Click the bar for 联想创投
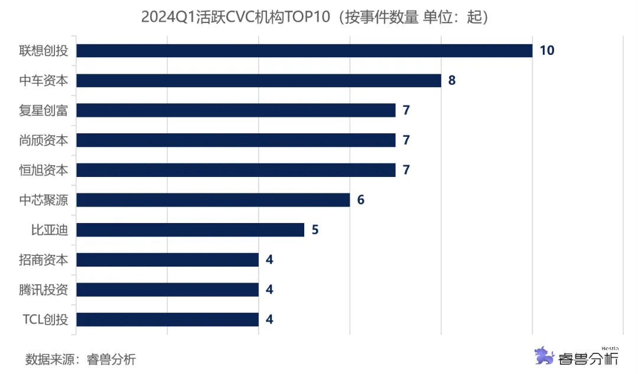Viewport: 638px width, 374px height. [x=304, y=51]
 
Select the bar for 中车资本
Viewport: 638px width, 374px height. [x=259, y=81]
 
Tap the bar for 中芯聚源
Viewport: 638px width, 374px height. [x=213, y=200]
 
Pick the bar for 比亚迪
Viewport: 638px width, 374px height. [x=190, y=230]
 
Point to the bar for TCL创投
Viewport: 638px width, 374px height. [x=168, y=320]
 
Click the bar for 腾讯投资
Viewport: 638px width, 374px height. [x=168, y=290]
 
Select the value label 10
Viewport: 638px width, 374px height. [x=547, y=51]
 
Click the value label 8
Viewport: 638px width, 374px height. [x=452, y=81]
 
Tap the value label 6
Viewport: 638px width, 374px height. [x=361, y=200]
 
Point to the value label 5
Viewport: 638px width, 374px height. [x=315, y=230]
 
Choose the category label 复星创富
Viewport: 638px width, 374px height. [x=44, y=110]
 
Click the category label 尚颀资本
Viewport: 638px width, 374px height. [x=44, y=140]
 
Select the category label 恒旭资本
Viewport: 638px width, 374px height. [x=44, y=170]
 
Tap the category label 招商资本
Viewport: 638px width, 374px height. [x=44, y=260]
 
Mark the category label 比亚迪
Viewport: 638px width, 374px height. [x=50, y=230]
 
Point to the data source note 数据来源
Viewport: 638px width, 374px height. [x=80, y=359]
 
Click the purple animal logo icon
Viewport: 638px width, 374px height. [x=544, y=356]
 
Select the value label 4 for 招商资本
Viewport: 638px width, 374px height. [x=270, y=260]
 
